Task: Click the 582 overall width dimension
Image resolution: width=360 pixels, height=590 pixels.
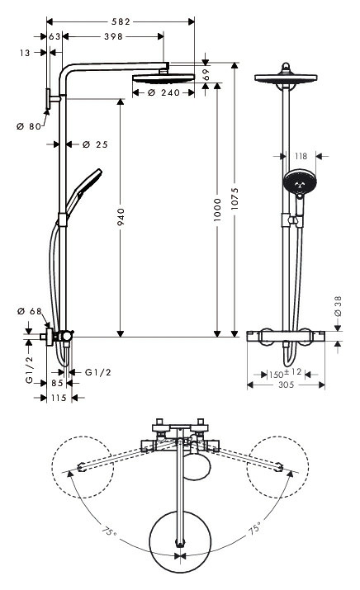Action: point(121,21)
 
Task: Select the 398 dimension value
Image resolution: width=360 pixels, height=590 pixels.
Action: point(114,36)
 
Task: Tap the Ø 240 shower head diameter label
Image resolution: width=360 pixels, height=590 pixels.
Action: point(163,92)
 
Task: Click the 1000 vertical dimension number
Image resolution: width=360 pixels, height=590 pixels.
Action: point(217,210)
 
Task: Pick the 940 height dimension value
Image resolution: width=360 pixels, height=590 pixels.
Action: point(121,217)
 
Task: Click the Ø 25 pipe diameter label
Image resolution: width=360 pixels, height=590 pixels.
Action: point(95,144)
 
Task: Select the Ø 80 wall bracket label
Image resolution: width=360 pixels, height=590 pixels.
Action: point(29,126)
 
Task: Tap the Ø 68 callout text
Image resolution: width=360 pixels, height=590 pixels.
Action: point(30,311)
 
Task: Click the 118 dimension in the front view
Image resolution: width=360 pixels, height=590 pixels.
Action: point(301,156)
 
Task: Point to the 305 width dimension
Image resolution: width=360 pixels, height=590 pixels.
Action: point(287,385)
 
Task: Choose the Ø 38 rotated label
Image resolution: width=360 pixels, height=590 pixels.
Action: point(338,306)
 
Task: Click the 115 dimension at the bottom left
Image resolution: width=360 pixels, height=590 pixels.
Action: point(59,398)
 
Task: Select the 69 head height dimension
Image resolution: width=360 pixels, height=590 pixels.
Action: point(206,74)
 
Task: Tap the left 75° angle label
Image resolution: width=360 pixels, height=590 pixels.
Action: point(109,531)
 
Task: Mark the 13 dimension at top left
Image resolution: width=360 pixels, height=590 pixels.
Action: point(25,53)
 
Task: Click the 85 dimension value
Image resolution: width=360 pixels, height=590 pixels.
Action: point(57,383)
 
